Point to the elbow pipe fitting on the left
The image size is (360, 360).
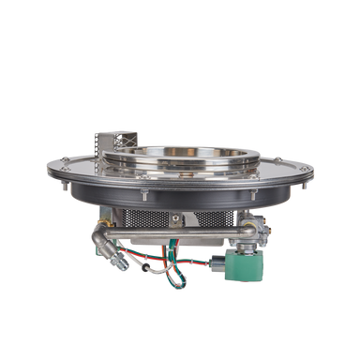[98, 240]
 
